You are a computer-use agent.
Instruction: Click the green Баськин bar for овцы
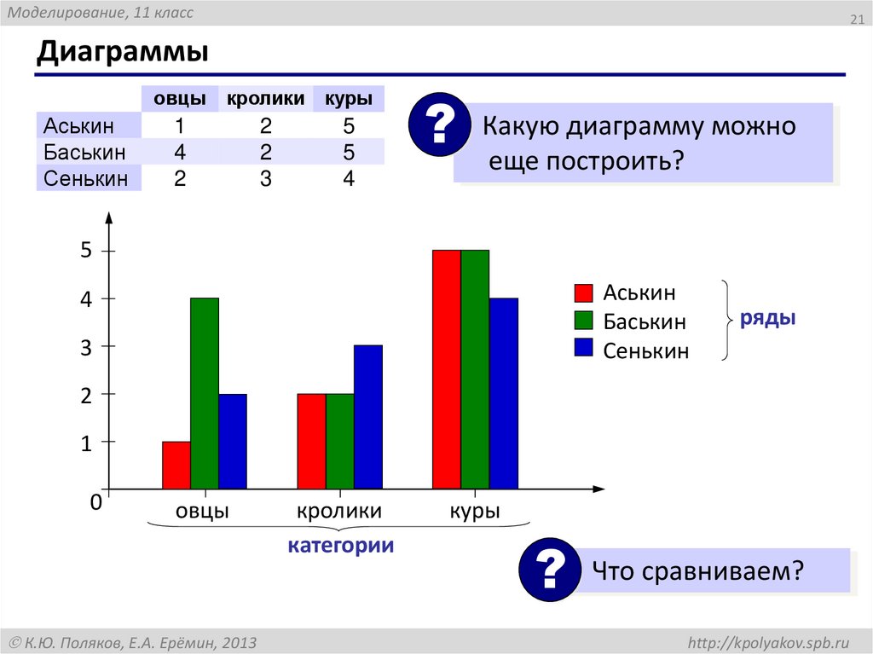click(x=205, y=394)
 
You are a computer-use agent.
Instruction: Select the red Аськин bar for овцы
click(x=176, y=466)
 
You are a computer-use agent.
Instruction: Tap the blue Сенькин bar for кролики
click(x=368, y=418)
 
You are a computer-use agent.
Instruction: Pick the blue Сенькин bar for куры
click(x=504, y=394)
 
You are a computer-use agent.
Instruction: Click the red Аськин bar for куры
click(x=447, y=370)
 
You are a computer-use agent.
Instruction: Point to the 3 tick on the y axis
click(x=85, y=347)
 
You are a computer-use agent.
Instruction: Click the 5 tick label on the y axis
click(x=85, y=252)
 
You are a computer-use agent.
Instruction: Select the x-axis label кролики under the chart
click(x=339, y=512)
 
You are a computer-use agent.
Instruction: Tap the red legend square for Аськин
click(x=583, y=293)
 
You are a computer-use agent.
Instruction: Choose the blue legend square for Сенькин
click(x=583, y=348)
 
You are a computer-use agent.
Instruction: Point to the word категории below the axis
click(x=340, y=546)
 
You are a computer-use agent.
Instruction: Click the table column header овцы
click(x=179, y=99)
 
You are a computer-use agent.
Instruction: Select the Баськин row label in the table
click(x=85, y=153)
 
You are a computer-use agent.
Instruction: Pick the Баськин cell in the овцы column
click(x=180, y=153)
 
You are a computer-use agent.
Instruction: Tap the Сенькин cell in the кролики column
click(x=265, y=179)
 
